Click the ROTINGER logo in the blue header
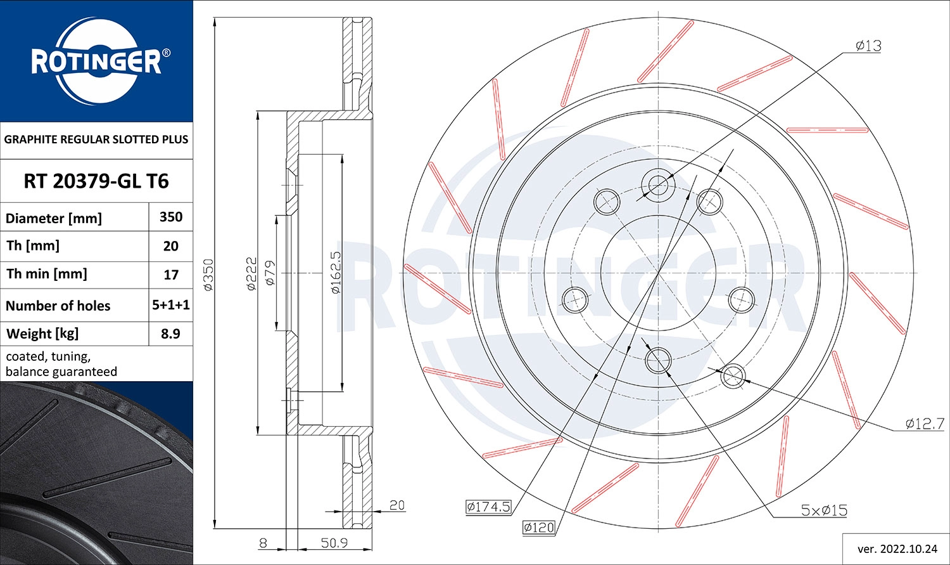96,62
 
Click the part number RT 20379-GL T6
96,181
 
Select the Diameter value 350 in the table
171,217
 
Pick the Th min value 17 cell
171,275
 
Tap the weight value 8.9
171,334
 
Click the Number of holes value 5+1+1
171,305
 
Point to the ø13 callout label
868,46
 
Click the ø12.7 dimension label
925,424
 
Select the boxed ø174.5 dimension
488,507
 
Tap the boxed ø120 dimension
539,527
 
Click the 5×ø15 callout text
823,510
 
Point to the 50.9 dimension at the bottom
334,543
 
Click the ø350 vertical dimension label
208,274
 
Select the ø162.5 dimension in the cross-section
336,273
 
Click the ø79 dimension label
269,273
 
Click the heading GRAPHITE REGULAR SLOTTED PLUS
96,140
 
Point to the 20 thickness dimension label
396,505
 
